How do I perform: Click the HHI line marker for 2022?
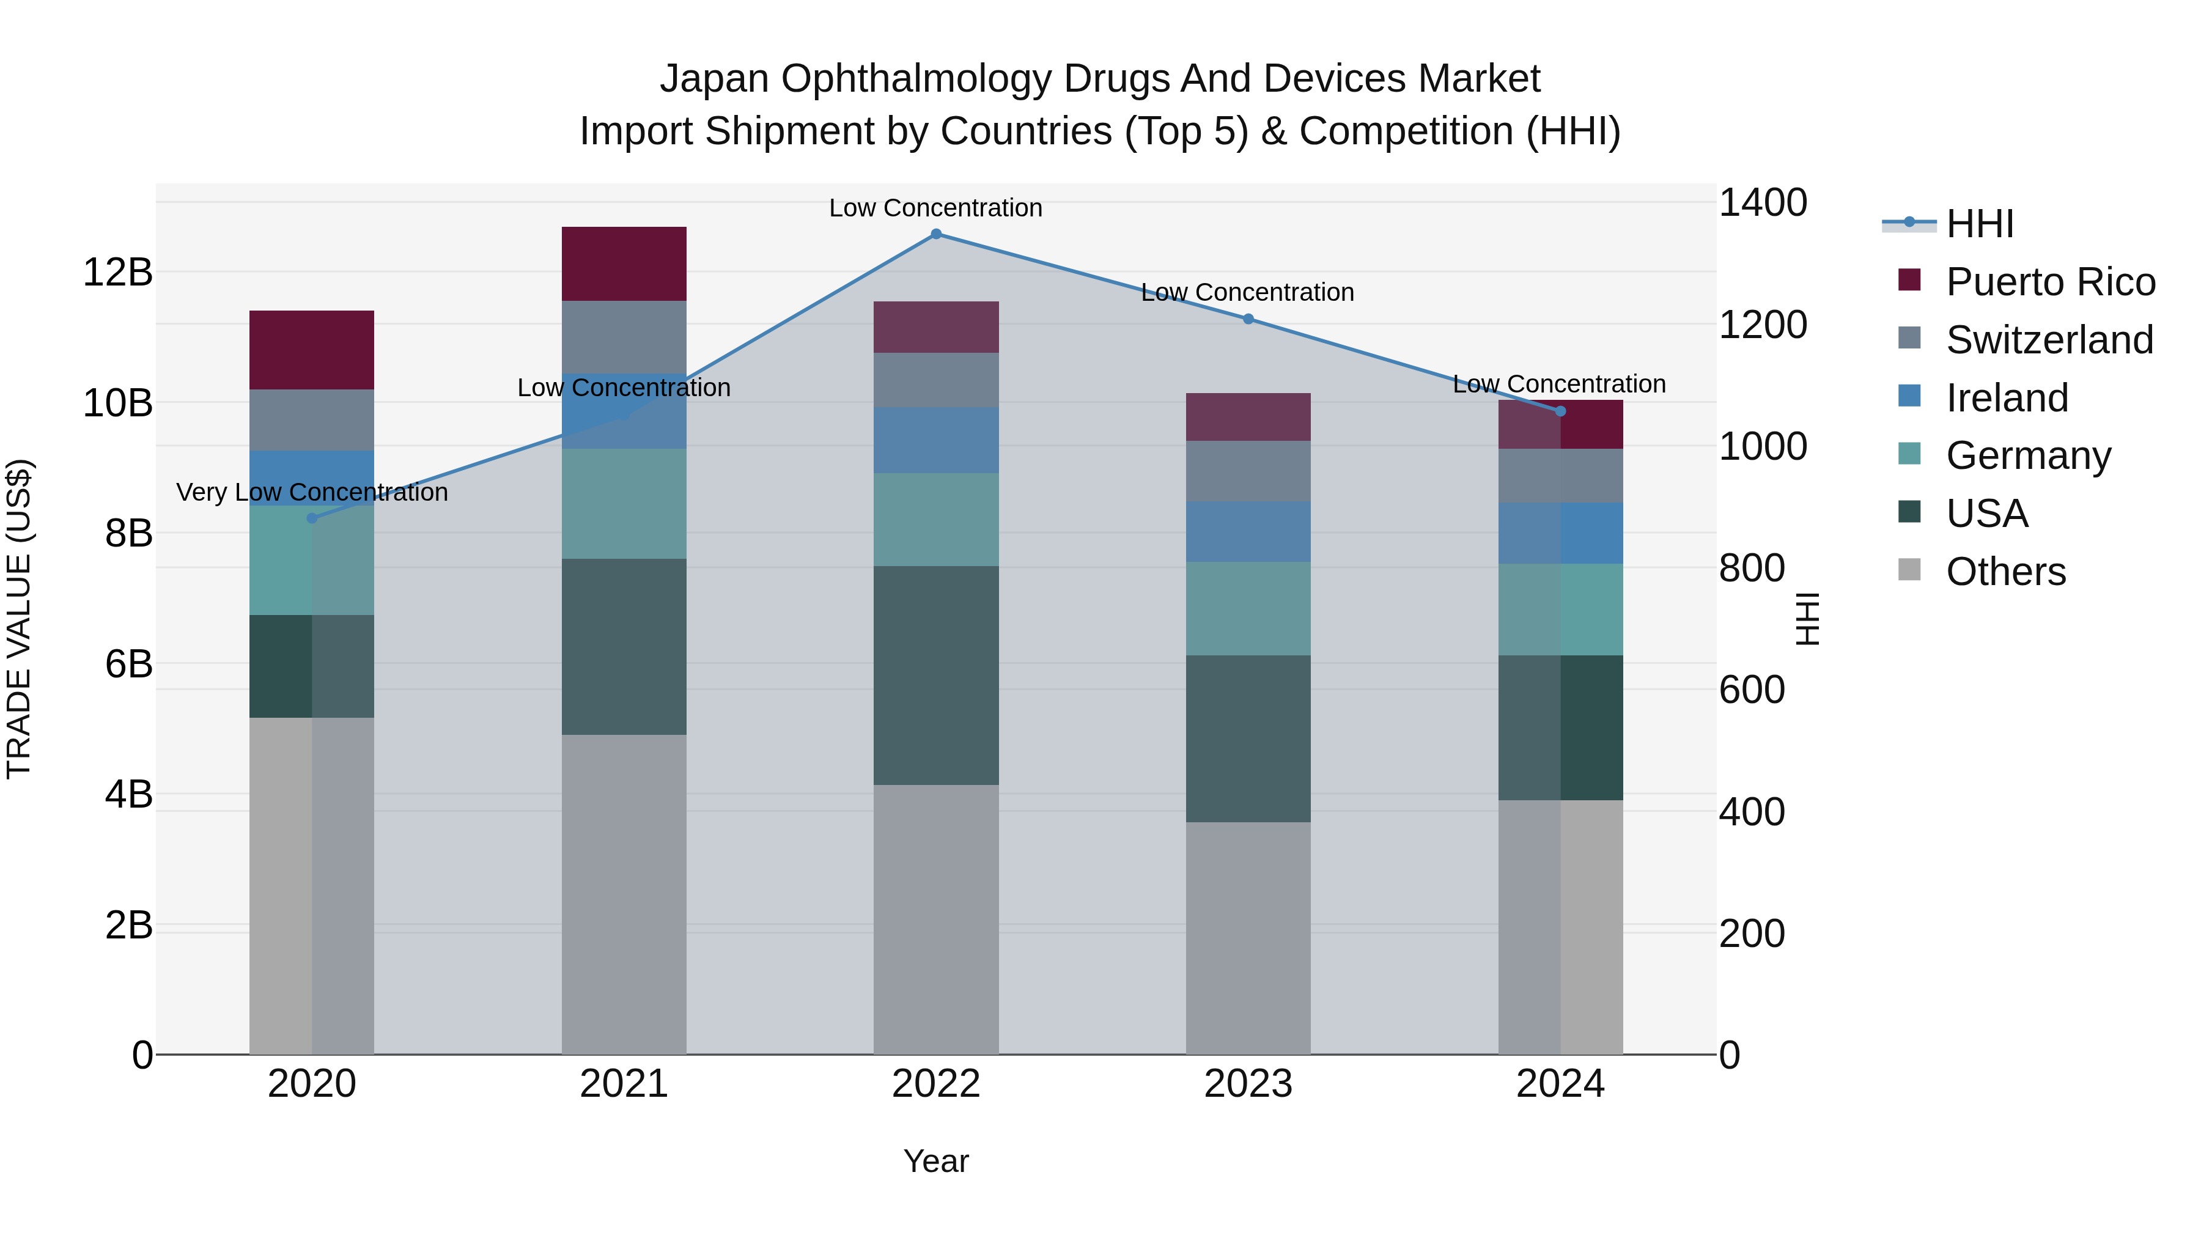pyautogui.click(x=935, y=234)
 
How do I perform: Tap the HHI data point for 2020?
pyautogui.click(x=312, y=518)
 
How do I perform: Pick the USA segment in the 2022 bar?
pyautogui.click(x=935, y=675)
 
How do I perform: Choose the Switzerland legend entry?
pyautogui.click(x=2049, y=340)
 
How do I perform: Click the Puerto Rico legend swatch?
pyautogui.click(x=1909, y=280)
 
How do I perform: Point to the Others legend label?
pyautogui.click(x=2005, y=572)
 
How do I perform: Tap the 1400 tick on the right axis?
pyautogui.click(x=1762, y=204)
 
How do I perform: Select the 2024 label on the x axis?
pyautogui.click(x=1560, y=1084)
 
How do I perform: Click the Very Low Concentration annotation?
pyautogui.click(x=312, y=492)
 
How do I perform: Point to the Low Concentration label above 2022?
pyautogui.click(x=935, y=208)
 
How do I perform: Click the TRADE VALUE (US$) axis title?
pyautogui.click(x=19, y=619)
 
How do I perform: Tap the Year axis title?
pyautogui.click(x=935, y=1161)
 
